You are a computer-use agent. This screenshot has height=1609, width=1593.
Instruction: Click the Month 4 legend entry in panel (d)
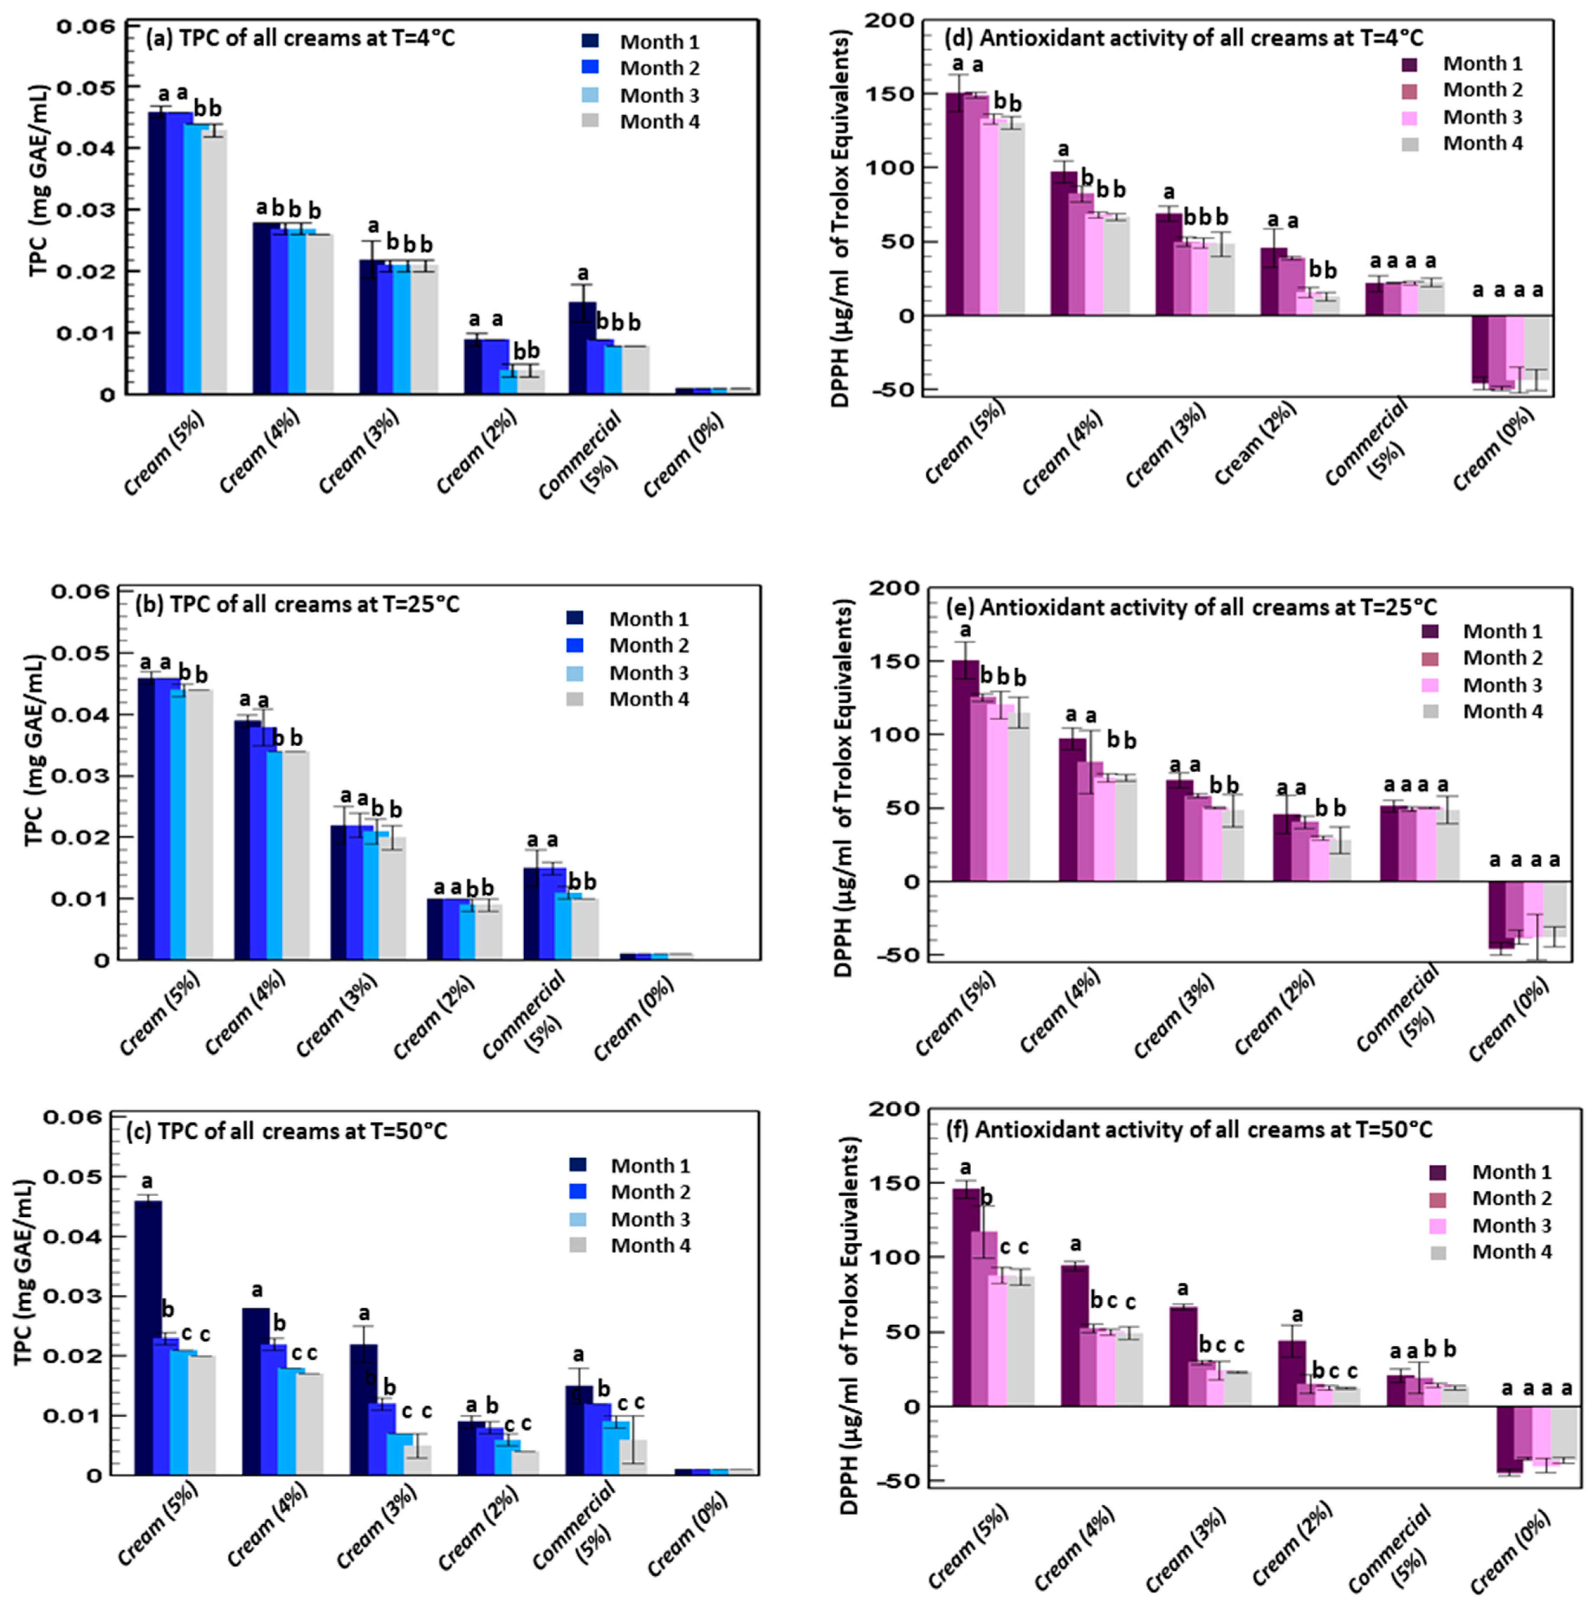(1465, 143)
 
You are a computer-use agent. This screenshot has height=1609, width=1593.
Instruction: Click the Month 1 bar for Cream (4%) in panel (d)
(1063, 243)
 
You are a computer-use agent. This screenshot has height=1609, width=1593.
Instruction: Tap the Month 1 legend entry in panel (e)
(1482, 631)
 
